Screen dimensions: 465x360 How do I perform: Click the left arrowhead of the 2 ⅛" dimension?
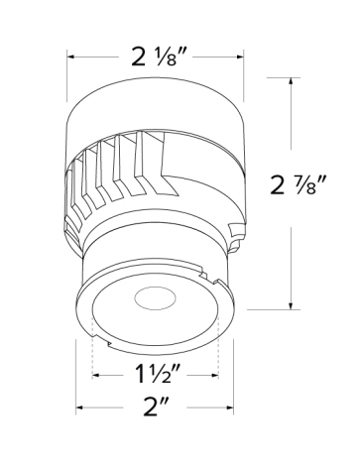pyautogui.click(x=71, y=58)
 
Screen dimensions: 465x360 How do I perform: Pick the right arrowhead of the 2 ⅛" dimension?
pyautogui.click(x=244, y=58)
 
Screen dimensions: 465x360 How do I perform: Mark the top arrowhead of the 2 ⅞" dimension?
pyautogui.click(x=290, y=81)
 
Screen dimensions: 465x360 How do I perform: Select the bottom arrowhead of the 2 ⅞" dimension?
pyautogui.click(x=290, y=306)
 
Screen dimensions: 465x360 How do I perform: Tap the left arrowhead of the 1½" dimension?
pyautogui.click(x=95, y=378)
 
